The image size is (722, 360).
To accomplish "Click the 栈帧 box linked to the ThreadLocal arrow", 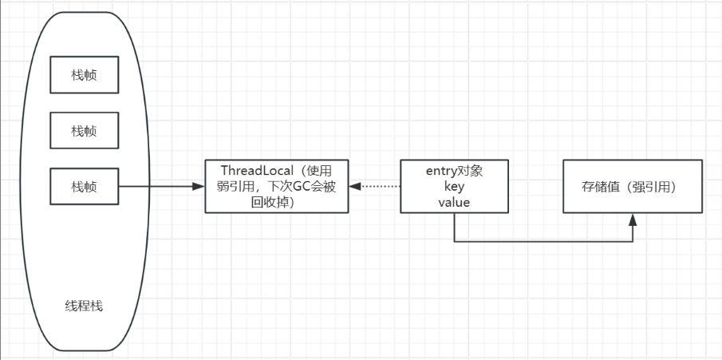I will tap(83, 187).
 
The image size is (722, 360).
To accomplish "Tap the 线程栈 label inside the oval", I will tap(82, 306).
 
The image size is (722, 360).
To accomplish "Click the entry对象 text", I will tap(454, 171).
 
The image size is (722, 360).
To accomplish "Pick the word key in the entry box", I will tap(454, 186).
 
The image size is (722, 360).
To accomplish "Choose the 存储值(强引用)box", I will tap(633, 186).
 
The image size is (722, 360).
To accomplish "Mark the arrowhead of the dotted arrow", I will tap(355, 187).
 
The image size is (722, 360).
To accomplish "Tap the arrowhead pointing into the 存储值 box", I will tap(633, 218).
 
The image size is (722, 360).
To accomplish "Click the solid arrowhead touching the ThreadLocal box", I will tap(199, 187).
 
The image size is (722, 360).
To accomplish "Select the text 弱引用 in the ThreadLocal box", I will tap(235, 186).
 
